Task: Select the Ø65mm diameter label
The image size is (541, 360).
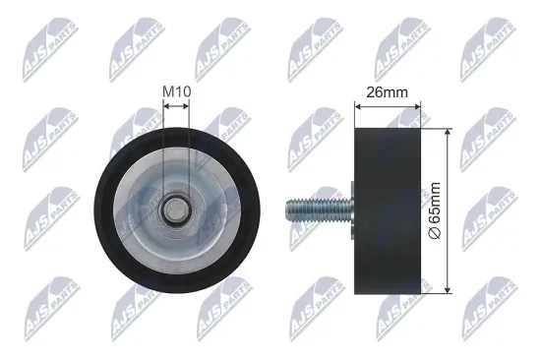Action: pyautogui.click(x=461, y=208)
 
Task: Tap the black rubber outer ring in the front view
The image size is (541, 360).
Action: pyautogui.click(x=102, y=209)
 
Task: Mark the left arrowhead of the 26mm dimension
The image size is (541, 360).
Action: pyautogui.click(x=355, y=108)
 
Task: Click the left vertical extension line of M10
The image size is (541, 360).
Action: pyautogui.click(x=163, y=148)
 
